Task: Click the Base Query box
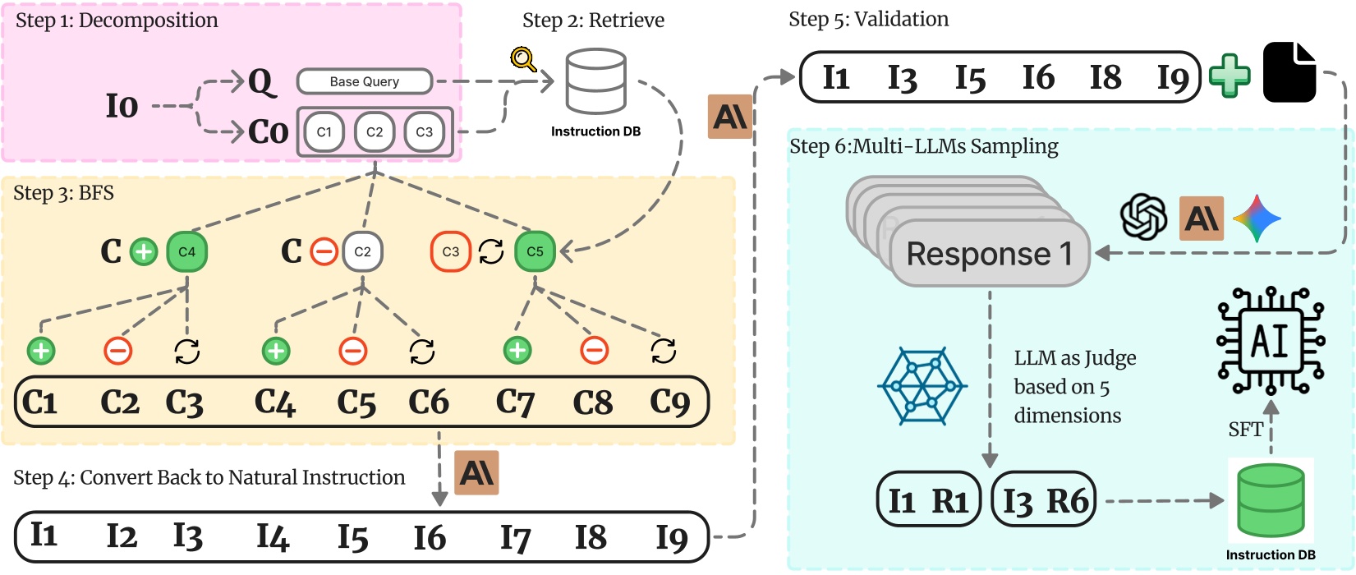click(x=364, y=81)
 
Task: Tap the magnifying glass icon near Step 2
click(x=523, y=59)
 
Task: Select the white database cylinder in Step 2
click(x=596, y=81)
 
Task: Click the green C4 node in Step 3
click(x=187, y=252)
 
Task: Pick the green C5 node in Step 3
click(x=535, y=252)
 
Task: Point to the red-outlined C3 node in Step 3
click(x=450, y=252)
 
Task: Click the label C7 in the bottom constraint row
click(x=515, y=402)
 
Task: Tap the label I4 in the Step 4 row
click(x=273, y=537)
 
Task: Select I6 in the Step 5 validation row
click(x=1038, y=78)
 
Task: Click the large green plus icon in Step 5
click(x=1230, y=76)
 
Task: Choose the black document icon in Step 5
click(x=1289, y=73)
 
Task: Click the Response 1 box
click(x=989, y=254)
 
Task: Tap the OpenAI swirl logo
click(x=1144, y=218)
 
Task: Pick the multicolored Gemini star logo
click(x=1257, y=218)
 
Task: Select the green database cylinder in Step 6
click(x=1271, y=500)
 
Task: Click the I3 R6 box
click(x=1045, y=500)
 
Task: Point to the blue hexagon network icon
click(x=922, y=385)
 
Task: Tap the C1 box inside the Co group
click(x=324, y=131)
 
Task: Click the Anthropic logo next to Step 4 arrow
click(x=476, y=473)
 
